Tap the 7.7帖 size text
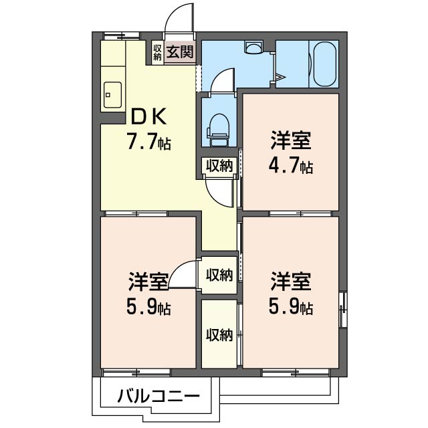point(149,142)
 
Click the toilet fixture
point(219,127)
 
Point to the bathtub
point(325,64)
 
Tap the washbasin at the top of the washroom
point(253,47)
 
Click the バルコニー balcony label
point(158,396)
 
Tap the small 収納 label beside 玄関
point(157,52)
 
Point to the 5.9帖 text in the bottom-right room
point(290,308)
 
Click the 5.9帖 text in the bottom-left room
point(148,308)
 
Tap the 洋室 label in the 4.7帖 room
point(290,141)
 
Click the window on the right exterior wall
point(344,309)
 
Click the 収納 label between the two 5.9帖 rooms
point(219,275)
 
